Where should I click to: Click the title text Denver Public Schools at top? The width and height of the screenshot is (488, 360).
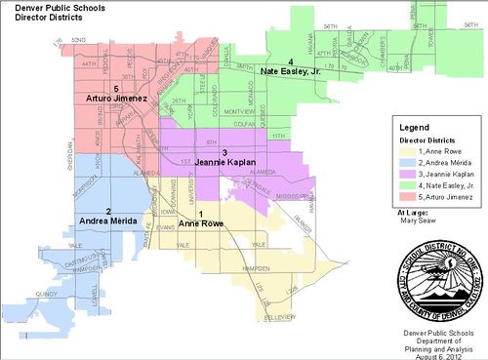[43, 7]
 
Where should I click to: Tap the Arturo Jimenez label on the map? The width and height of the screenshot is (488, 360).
[112, 100]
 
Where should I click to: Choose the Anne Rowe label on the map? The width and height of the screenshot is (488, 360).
[200, 221]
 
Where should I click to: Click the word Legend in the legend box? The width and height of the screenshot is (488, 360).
[415, 127]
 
